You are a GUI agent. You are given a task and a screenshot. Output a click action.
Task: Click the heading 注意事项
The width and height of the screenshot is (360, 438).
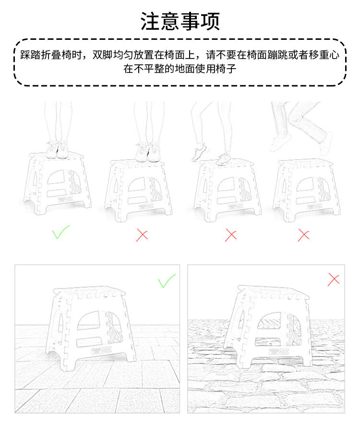(x=180, y=22)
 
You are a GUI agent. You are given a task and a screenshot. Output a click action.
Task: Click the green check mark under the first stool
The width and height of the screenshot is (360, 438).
(x=60, y=233)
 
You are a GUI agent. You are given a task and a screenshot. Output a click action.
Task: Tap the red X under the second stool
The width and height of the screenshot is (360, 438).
(x=142, y=235)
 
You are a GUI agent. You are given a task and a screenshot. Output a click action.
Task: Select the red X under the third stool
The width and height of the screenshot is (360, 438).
(x=231, y=235)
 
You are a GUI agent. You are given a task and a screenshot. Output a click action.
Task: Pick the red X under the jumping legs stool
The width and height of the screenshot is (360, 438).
(x=303, y=235)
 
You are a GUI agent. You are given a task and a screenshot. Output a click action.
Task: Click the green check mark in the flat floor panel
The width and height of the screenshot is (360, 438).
(x=167, y=281)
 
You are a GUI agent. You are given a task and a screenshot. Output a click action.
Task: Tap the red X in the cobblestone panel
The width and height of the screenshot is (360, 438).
(x=334, y=279)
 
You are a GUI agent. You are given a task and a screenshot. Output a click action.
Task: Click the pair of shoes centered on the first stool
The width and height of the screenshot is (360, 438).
(x=58, y=150)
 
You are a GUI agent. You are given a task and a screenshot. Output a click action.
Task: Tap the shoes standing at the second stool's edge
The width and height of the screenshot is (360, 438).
(x=147, y=152)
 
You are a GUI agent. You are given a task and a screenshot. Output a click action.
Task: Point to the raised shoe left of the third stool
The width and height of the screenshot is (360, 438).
(x=199, y=154)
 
